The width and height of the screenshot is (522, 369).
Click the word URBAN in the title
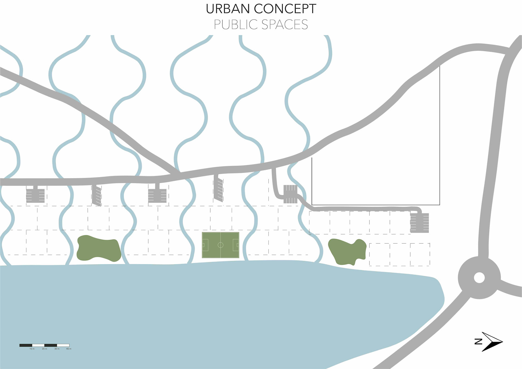coord(228,9)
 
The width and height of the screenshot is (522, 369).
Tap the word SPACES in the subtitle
coord(285,25)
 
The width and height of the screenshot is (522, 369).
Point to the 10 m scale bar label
coord(32,349)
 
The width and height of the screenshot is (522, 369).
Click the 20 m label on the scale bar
coord(44,349)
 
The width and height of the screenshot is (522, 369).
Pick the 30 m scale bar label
coord(57,349)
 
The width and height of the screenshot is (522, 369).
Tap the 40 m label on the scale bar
coord(69,349)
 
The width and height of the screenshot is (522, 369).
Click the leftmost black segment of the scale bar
coord(26,345)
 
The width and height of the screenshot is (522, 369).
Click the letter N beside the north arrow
coord(478,342)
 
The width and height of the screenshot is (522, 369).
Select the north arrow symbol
coord(493,342)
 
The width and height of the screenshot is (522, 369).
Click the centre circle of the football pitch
coord(220,245)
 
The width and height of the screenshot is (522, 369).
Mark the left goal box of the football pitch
coord(205,245)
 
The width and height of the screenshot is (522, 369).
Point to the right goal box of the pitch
coord(236,245)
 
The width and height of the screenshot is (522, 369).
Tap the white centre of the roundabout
coord(479,278)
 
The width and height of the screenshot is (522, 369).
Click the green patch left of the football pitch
coord(99,248)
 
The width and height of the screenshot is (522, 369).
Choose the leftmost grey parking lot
coord(35,195)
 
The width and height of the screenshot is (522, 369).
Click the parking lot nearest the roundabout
coord(420,223)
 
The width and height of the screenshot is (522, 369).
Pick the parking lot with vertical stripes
coord(290,194)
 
